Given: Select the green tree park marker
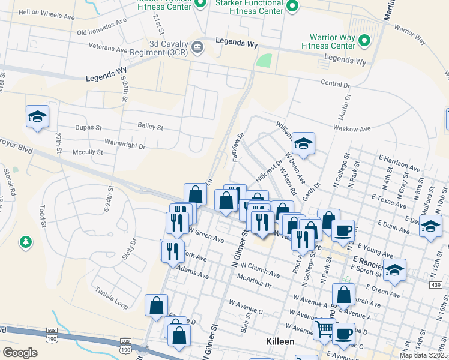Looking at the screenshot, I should pyautogui.click(x=25, y=242).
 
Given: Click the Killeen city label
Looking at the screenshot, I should pyautogui.click(x=280, y=341).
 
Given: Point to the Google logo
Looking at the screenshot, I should pyautogui.click(x=20, y=352).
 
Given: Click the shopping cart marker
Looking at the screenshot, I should pyautogui.click(x=324, y=328).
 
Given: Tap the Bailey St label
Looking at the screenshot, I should pyautogui.click(x=151, y=127).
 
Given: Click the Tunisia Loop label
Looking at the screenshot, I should pyautogui.click(x=112, y=298).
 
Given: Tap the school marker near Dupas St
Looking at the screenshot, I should pyautogui.click(x=37, y=116).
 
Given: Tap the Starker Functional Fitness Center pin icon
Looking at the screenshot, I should pyautogui.click(x=292, y=7).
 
